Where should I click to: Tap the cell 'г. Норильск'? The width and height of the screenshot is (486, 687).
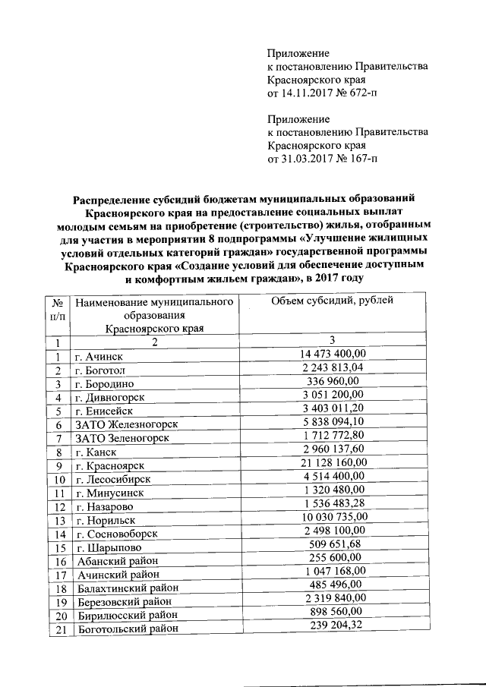106,521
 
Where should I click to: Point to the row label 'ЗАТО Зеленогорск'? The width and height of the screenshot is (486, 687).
119,438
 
